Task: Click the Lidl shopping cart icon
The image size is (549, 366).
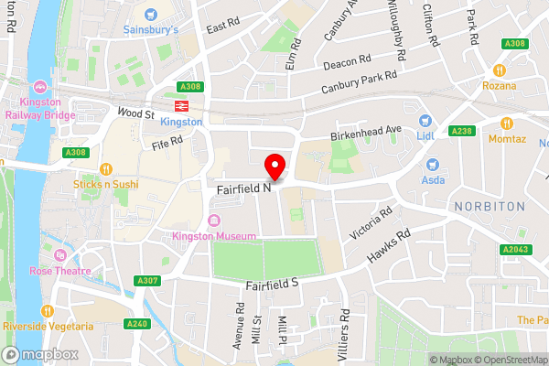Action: click(425, 120)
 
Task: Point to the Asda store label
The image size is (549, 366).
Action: click(433, 180)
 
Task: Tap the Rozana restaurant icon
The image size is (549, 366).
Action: click(500, 70)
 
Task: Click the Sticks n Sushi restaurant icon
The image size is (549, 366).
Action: click(106, 168)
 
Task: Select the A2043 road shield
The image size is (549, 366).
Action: click(515, 249)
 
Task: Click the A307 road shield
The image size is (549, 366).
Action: click(146, 280)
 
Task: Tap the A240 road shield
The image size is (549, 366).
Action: click(135, 323)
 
